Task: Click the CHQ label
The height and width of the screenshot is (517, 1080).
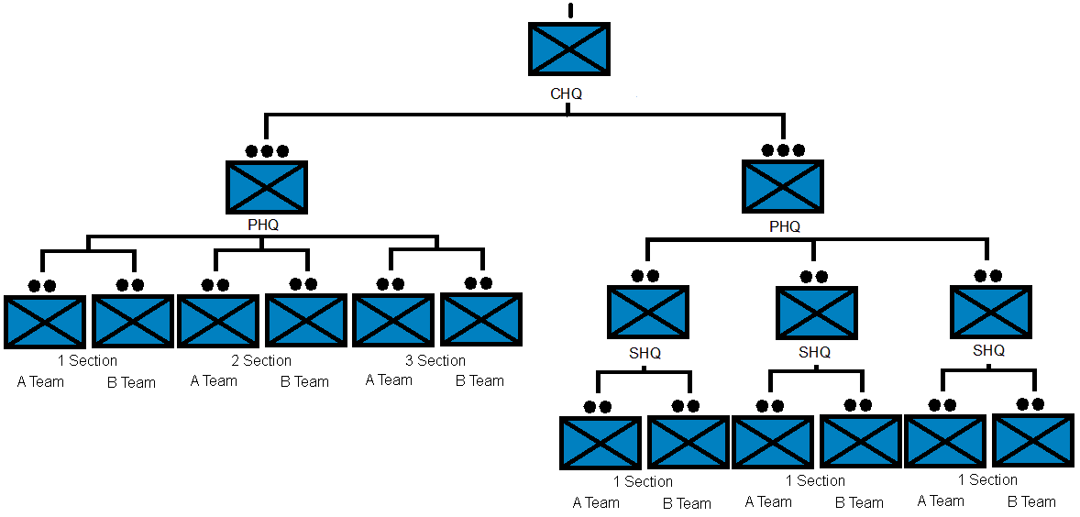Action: [566, 93]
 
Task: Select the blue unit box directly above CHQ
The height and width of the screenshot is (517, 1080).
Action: [568, 49]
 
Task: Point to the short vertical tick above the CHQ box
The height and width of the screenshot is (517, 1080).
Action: [570, 10]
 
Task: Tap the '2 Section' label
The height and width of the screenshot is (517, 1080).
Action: [261, 360]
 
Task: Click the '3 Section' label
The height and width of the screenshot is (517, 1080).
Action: [435, 360]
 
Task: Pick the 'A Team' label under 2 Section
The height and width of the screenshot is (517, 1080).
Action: [214, 380]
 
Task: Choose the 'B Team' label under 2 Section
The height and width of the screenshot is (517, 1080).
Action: [304, 381]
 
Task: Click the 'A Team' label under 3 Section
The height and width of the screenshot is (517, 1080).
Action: [389, 379]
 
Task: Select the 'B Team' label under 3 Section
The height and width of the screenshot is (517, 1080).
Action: [479, 380]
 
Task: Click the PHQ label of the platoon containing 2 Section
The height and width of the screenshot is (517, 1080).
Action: [263, 224]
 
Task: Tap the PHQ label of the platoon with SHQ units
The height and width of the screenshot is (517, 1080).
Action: [785, 226]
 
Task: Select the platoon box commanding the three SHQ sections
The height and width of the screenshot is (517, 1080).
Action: [782, 186]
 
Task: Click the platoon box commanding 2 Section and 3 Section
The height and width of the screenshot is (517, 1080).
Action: [266, 186]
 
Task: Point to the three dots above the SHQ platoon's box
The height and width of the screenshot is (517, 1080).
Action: [783, 150]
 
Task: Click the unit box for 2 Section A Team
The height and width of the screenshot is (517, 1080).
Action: [218, 321]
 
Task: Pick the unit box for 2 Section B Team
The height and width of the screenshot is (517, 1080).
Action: [305, 320]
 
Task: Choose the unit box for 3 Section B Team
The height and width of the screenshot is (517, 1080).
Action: [481, 319]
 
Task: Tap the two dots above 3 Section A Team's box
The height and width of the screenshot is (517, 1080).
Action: [391, 284]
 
